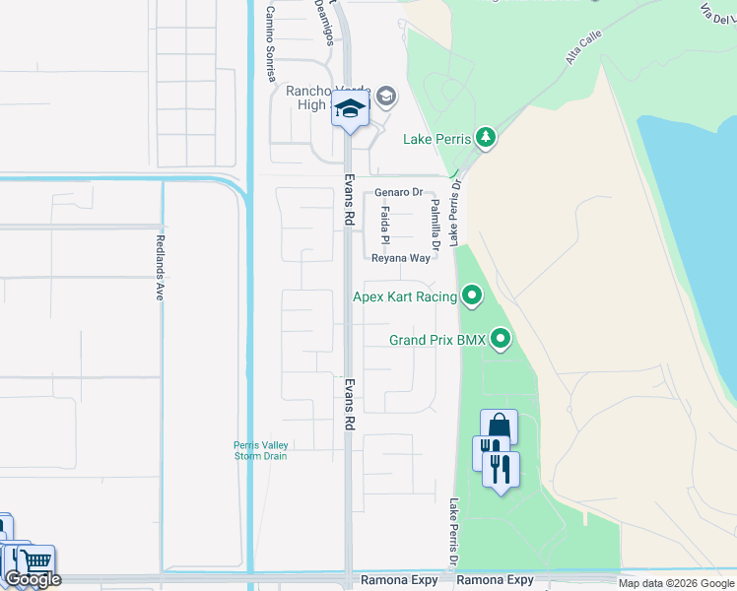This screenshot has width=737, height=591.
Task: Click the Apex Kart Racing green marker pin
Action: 473,295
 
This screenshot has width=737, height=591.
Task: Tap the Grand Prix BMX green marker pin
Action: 502,340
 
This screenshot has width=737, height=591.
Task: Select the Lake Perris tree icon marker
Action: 485,138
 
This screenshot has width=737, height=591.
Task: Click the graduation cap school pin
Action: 350,109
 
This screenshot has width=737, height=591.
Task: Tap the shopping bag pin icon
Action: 499,427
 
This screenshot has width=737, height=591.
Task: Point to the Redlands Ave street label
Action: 159,267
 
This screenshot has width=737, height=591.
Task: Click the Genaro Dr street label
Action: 398,193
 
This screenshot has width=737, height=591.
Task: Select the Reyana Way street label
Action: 401,258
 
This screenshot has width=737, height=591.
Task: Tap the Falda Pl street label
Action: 386,226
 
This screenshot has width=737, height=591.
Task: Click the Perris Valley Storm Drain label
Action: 260,450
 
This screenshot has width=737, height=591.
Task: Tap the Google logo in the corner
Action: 33,579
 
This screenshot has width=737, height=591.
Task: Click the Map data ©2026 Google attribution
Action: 675,583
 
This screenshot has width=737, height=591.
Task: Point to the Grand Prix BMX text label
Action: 437,340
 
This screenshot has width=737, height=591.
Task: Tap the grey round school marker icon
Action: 386,96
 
